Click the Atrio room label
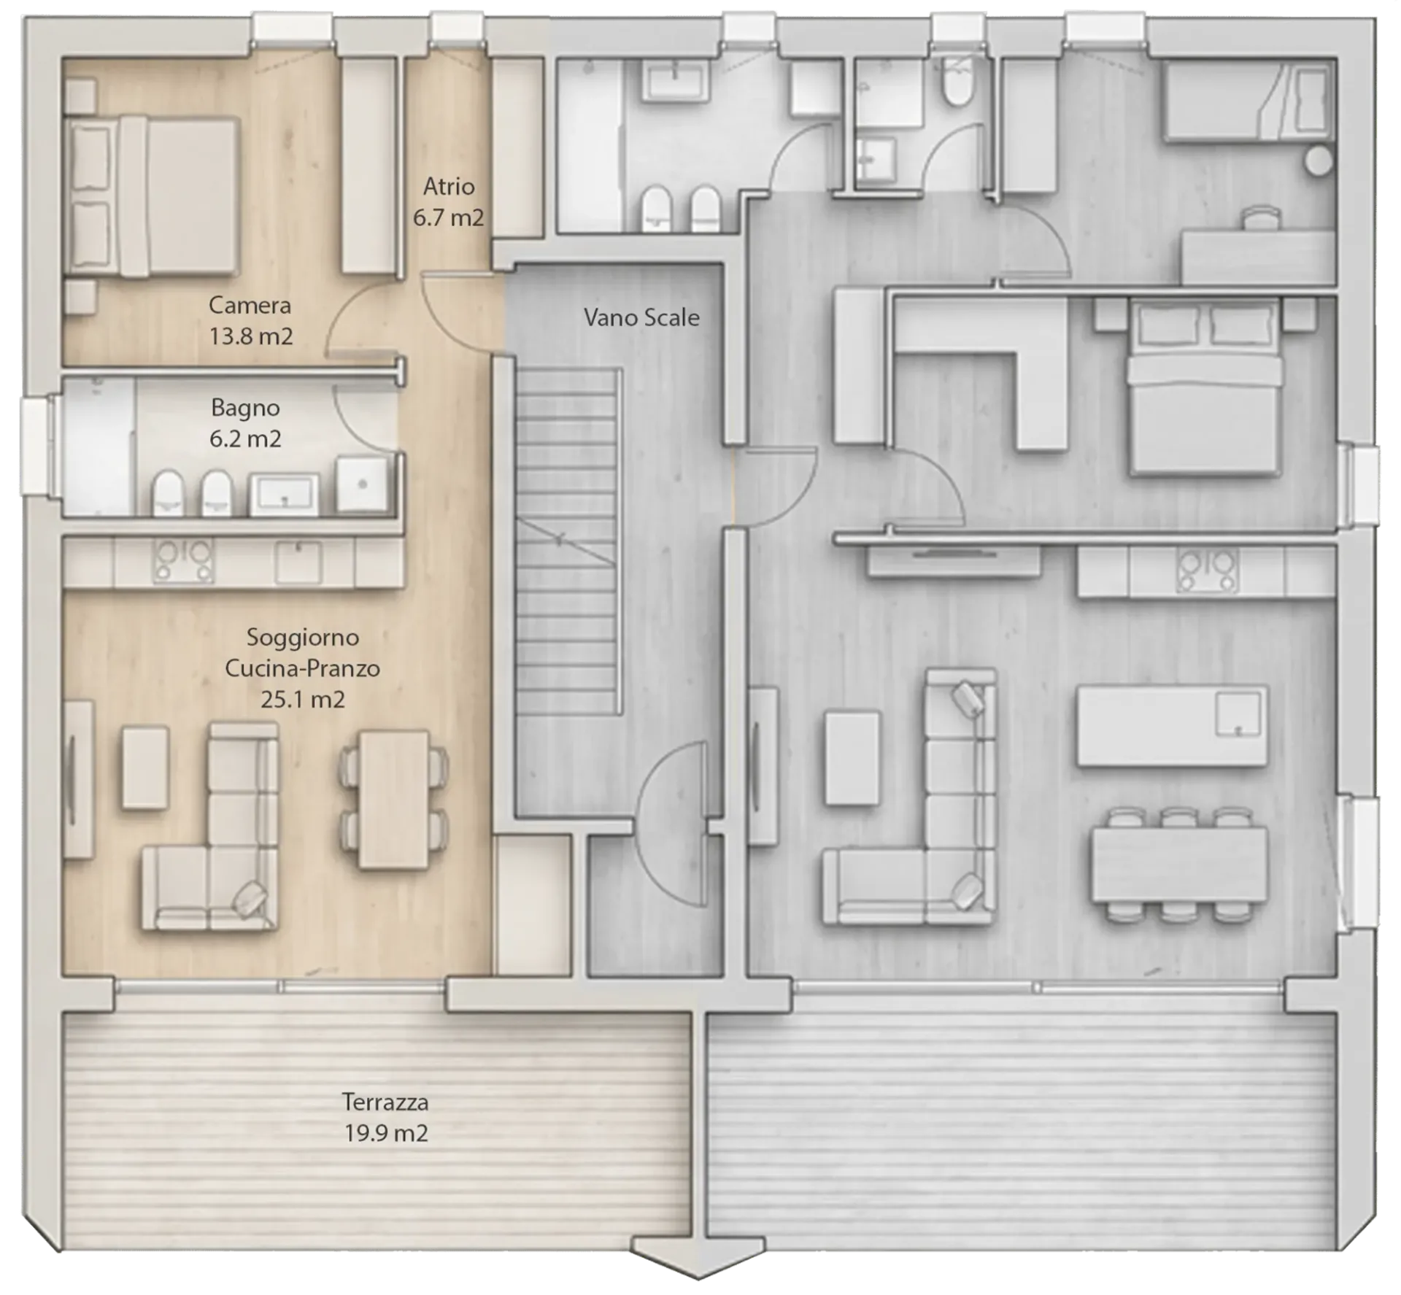point(449,187)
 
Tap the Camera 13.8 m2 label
point(250,320)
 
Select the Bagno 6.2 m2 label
point(245,423)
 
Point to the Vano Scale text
point(641,317)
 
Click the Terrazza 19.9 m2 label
point(385,1117)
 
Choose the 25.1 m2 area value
point(302,700)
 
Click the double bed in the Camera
point(153,196)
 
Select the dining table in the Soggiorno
point(394,800)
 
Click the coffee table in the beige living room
point(145,767)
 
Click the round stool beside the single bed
point(1318,161)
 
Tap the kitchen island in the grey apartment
point(1172,725)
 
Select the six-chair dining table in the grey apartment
point(1179,865)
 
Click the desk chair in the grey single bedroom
point(1262,218)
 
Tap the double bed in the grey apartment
point(1205,387)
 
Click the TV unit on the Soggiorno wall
point(78,779)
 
